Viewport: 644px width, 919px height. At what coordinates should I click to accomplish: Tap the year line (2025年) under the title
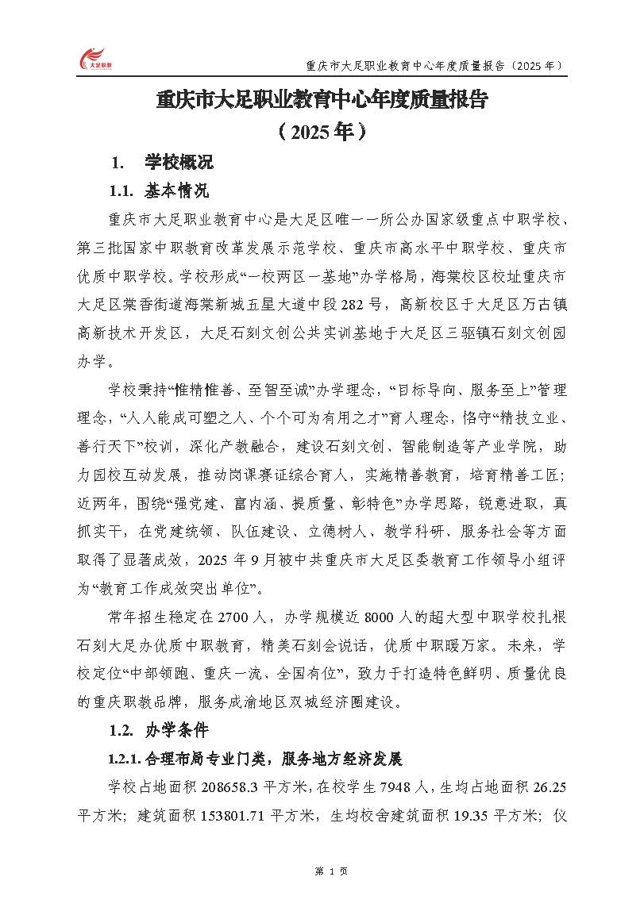(321, 130)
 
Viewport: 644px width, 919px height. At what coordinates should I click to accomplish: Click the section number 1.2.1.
(125, 759)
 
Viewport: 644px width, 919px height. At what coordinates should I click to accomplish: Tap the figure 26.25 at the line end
(548, 787)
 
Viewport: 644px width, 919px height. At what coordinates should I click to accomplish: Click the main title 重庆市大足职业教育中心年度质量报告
(321, 101)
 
